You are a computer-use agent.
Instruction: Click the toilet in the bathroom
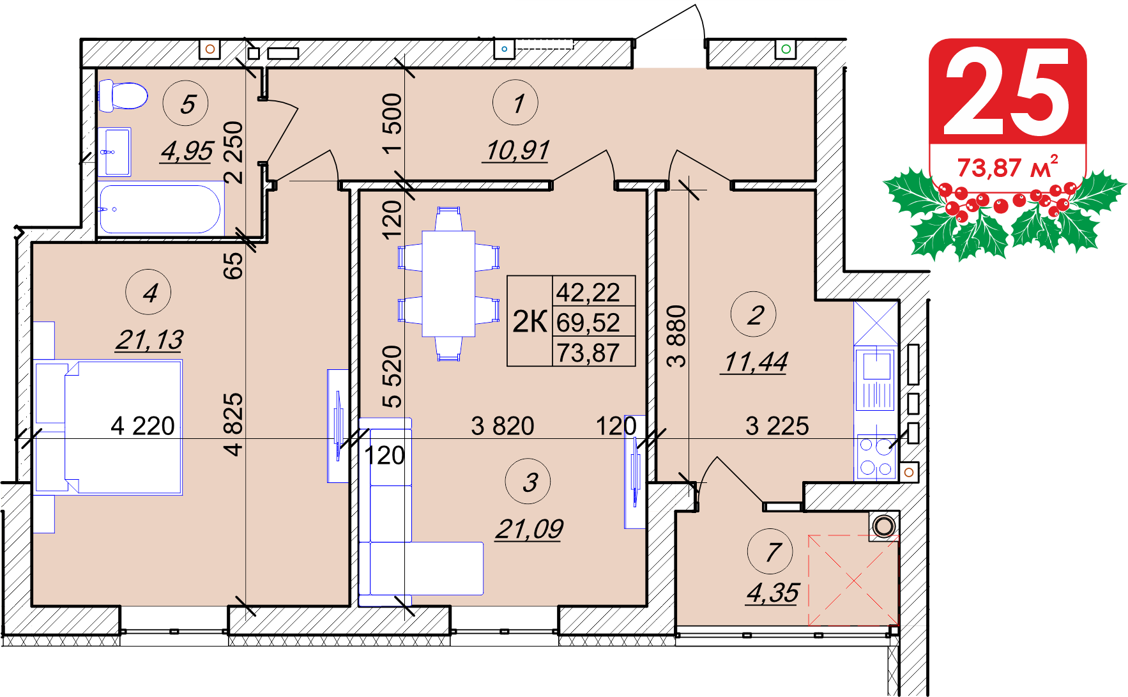coord(123,96)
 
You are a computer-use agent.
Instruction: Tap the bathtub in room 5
coord(160,209)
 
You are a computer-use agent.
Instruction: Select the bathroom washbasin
coord(115,152)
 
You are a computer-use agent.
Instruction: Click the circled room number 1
coord(515,103)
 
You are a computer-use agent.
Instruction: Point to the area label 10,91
coord(517,151)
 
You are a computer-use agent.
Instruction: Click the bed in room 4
coord(108,427)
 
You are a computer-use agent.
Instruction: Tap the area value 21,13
coord(149,340)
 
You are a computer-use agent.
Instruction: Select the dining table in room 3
coord(448,284)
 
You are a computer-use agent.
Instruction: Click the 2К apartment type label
coord(530,321)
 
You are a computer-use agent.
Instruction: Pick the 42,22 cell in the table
coord(588,292)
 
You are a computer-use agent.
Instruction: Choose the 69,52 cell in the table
coord(588,322)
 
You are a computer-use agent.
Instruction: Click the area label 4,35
coord(773,593)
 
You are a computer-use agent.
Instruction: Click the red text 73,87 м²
coord(1007,167)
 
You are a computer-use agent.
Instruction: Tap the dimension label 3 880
coord(676,336)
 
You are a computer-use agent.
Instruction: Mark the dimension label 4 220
coord(142,425)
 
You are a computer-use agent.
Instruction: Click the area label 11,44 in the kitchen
coord(755,362)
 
